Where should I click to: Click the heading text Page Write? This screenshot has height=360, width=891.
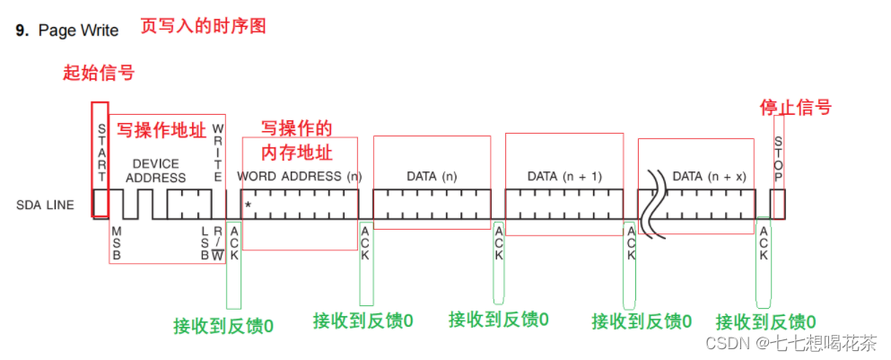[x=78, y=31]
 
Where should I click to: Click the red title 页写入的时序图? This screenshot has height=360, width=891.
[x=204, y=26]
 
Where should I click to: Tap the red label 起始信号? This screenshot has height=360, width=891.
[x=99, y=74]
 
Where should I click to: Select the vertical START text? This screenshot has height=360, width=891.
[x=101, y=148]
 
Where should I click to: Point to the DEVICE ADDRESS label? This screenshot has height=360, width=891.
[x=155, y=171]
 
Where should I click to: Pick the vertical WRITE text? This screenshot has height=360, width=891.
[x=217, y=153]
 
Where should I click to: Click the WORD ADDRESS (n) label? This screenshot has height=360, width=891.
[x=300, y=176]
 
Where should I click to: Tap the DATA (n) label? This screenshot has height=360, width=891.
[x=432, y=176]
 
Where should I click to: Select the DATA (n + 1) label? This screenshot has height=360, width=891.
[x=564, y=176]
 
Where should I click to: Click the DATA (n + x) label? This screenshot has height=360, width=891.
[x=709, y=176]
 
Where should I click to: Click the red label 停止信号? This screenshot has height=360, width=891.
[x=796, y=108]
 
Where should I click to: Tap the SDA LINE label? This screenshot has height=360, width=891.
[x=44, y=205]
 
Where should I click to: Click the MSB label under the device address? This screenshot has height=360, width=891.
[x=116, y=242]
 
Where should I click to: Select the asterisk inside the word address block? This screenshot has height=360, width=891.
[x=248, y=207]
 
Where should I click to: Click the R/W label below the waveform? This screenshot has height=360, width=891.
[x=216, y=243]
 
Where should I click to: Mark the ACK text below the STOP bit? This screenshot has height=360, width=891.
[x=764, y=242]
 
